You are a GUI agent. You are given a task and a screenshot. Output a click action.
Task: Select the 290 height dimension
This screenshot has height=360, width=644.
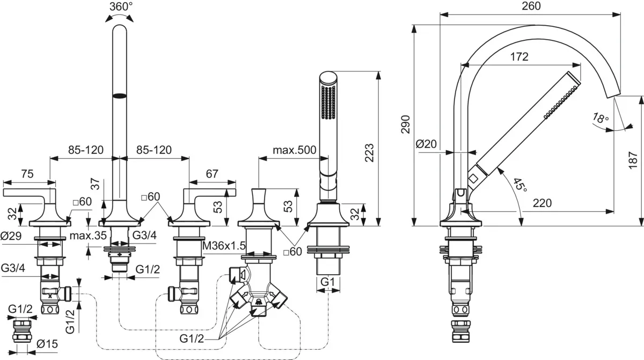[x=406, y=125]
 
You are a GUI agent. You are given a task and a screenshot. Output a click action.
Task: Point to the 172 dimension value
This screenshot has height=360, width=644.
[x=518, y=56]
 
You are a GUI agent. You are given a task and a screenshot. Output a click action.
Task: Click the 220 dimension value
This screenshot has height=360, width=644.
[x=543, y=203]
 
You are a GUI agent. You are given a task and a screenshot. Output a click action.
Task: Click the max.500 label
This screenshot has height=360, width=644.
[x=294, y=150]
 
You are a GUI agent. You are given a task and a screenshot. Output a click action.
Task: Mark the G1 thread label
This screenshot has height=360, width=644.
[x=328, y=281]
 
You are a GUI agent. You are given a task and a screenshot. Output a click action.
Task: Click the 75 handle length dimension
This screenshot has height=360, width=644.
[x=27, y=173]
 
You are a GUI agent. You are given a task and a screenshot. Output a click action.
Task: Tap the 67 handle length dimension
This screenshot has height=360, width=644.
[x=213, y=173]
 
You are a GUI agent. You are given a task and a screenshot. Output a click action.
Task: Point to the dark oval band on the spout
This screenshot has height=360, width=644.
[x=119, y=96]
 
